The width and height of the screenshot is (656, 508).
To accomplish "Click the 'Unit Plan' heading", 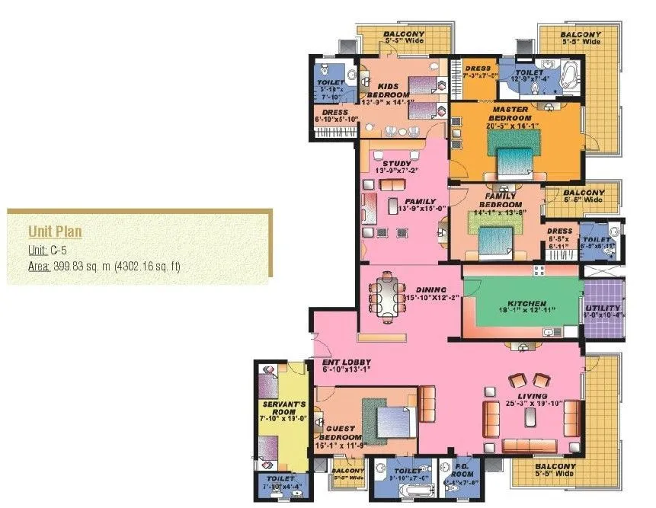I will pos(55,232).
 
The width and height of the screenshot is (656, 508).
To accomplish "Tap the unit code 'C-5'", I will pos(60,249).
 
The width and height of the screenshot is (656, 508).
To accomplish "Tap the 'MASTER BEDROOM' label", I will pos(510,113).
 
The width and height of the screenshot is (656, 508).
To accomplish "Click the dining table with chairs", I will pos(384,295).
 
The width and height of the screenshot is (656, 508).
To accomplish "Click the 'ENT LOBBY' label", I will pos(347,362).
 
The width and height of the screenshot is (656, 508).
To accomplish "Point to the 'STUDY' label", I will pos(396,164).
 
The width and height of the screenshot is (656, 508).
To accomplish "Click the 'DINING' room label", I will pos(431,289).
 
